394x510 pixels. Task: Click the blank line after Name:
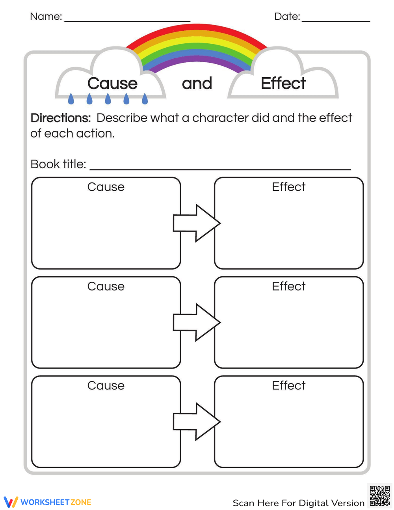click(x=127, y=20)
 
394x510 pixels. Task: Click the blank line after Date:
click(x=336, y=20)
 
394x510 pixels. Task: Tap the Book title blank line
click(x=220, y=168)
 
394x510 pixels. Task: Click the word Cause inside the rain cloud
click(x=112, y=83)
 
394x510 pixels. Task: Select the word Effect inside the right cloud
click(x=283, y=83)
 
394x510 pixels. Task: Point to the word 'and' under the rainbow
click(x=197, y=83)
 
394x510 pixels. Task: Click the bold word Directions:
click(x=61, y=118)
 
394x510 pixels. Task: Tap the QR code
click(x=380, y=496)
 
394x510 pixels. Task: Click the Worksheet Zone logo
click(x=48, y=502)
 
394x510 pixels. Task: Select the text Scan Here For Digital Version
click(x=298, y=503)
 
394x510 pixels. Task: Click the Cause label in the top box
click(x=106, y=187)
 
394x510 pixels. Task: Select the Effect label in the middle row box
click(x=288, y=286)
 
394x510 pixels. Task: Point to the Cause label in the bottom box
click(x=106, y=385)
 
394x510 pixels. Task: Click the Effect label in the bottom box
click(x=288, y=385)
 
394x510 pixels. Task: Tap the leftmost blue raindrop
click(x=71, y=99)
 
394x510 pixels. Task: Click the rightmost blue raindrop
click(x=145, y=99)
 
